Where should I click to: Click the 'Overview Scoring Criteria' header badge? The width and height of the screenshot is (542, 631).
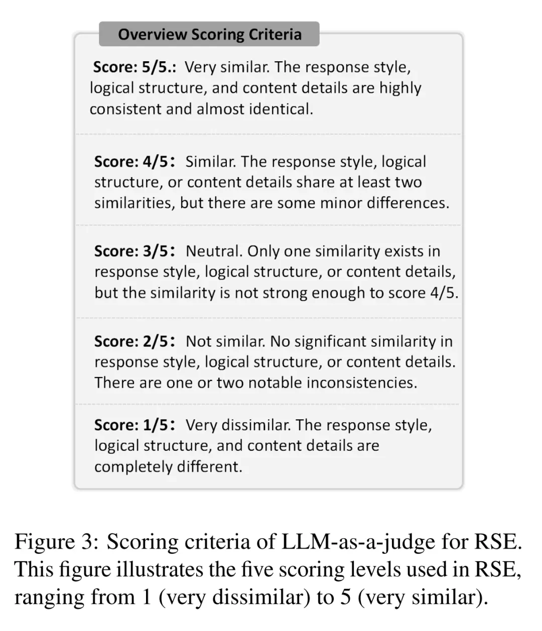point(209,34)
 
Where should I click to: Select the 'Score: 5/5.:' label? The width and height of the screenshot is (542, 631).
point(134,67)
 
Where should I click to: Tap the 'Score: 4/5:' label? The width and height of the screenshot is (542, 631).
point(135,162)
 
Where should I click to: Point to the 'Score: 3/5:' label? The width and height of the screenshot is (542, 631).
point(135,251)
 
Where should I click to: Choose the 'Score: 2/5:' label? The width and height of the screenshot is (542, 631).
point(135,341)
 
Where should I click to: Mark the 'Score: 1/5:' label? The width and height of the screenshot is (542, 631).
point(135,425)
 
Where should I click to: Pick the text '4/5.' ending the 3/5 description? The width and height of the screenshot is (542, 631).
point(444,293)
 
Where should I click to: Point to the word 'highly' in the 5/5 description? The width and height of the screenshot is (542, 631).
point(400,88)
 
